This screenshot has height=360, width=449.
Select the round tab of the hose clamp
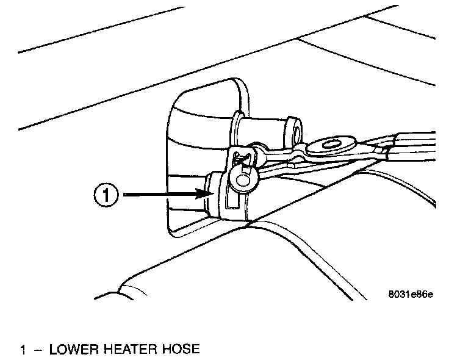click(246, 178)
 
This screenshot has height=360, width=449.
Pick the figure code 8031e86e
click(411, 294)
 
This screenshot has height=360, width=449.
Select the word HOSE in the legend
click(182, 350)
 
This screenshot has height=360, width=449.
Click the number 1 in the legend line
click(23, 350)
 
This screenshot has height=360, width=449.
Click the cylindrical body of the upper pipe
click(265, 129)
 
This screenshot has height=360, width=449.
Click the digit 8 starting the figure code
click(391, 294)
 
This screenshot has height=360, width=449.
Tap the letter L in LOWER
click(53, 350)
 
